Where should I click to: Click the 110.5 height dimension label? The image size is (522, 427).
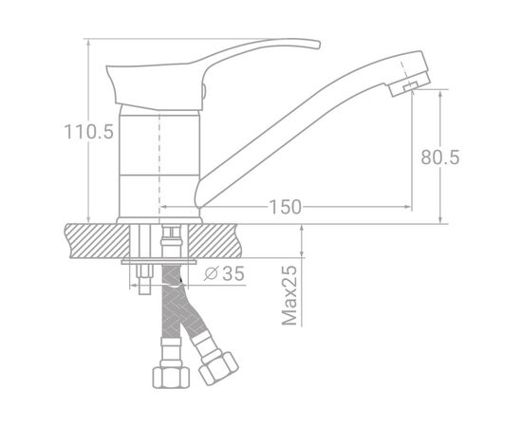(x=88, y=132)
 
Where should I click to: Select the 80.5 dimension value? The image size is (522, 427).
(x=440, y=158)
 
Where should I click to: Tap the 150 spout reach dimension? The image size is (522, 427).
(x=285, y=207)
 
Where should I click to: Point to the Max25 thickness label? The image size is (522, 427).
(x=289, y=295)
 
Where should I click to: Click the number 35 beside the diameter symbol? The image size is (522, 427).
(x=233, y=273)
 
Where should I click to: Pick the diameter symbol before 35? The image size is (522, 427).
(x=211, y=273)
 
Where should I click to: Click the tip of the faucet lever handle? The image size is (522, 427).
(x=319, y=45)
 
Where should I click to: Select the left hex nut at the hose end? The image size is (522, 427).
(x=171, y=377)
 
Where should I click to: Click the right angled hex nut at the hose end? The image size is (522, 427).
(x=218, y=368)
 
